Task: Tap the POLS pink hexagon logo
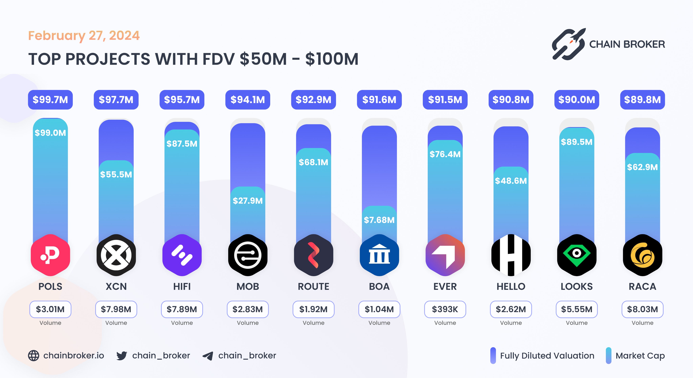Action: pos(50,255)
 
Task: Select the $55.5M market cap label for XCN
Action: pos(116,174)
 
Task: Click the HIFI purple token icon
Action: pos(182,255)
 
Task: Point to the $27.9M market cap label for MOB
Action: pos(248,201)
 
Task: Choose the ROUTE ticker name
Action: pos(313,286)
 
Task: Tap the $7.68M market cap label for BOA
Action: pos(379,220)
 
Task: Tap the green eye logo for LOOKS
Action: pos(577,255)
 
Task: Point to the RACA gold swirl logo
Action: pos(642,255)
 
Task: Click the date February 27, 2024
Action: pos(84,36)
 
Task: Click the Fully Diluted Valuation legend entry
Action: pos(542,356)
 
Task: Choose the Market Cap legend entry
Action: pos(635,356)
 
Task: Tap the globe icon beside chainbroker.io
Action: pos(34,356)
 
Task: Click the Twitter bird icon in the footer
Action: pos(122,356)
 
